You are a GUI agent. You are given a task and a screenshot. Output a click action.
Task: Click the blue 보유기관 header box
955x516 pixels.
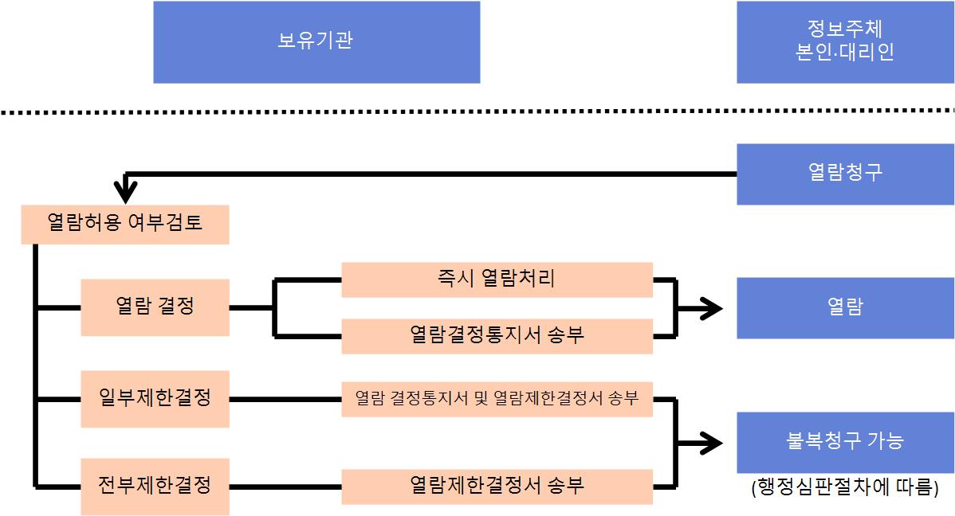tap(316, 41)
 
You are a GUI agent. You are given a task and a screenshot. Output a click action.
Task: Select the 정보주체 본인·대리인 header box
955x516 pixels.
tap(845, 41)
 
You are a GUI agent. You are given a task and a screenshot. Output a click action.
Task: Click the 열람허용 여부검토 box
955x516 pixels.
tap(125, 224)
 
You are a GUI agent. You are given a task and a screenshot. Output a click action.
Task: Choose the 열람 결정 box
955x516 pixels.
tap(155, 307)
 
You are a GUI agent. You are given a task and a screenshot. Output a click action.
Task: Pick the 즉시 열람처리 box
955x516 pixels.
tap(497, 279)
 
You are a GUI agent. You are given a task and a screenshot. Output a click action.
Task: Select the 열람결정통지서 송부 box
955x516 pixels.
tap(497, 335)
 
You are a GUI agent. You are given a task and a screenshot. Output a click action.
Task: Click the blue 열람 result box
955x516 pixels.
tap(845, 307)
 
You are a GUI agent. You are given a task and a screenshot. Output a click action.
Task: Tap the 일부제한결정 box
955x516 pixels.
tap(155, 398)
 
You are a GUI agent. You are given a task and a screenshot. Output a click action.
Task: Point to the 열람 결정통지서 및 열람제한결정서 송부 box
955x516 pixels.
tap(497, 398)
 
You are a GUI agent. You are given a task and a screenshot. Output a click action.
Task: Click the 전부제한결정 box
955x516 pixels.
tap(155, 485)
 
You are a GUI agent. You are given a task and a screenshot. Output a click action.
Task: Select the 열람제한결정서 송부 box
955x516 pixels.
tap(497, 485)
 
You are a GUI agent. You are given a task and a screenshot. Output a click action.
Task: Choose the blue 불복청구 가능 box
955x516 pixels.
tap(845, 441)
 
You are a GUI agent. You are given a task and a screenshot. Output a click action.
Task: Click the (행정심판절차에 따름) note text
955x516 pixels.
tap(844, 487)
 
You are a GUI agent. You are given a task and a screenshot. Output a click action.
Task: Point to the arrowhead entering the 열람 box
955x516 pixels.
tap(712, 307)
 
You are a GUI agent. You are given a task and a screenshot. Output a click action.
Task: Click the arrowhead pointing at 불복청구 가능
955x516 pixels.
tap(712, 441)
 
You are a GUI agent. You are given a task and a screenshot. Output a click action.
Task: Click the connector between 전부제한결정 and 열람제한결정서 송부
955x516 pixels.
tap(285, 485)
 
